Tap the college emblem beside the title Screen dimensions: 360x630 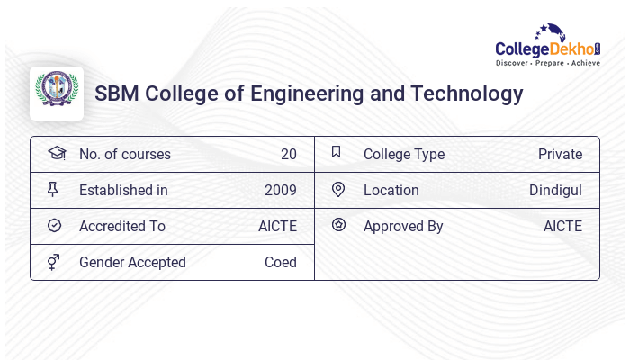57,93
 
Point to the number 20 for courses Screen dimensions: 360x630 288,154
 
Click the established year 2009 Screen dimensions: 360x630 280,190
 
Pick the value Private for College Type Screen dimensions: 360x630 560,154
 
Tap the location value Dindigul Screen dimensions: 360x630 555,190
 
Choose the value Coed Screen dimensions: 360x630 280,262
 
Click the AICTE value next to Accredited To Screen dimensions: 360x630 277,226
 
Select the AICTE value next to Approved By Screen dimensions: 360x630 562,226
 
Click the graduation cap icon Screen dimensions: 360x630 56,153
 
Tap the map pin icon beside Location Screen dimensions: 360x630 338,189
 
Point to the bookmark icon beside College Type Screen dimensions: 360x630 337,152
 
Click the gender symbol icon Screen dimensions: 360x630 54,262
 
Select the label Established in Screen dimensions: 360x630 123,190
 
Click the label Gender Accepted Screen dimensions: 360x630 132,262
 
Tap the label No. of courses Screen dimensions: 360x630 124,154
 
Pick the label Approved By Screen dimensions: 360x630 403,226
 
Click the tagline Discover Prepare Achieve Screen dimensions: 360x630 548,64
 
